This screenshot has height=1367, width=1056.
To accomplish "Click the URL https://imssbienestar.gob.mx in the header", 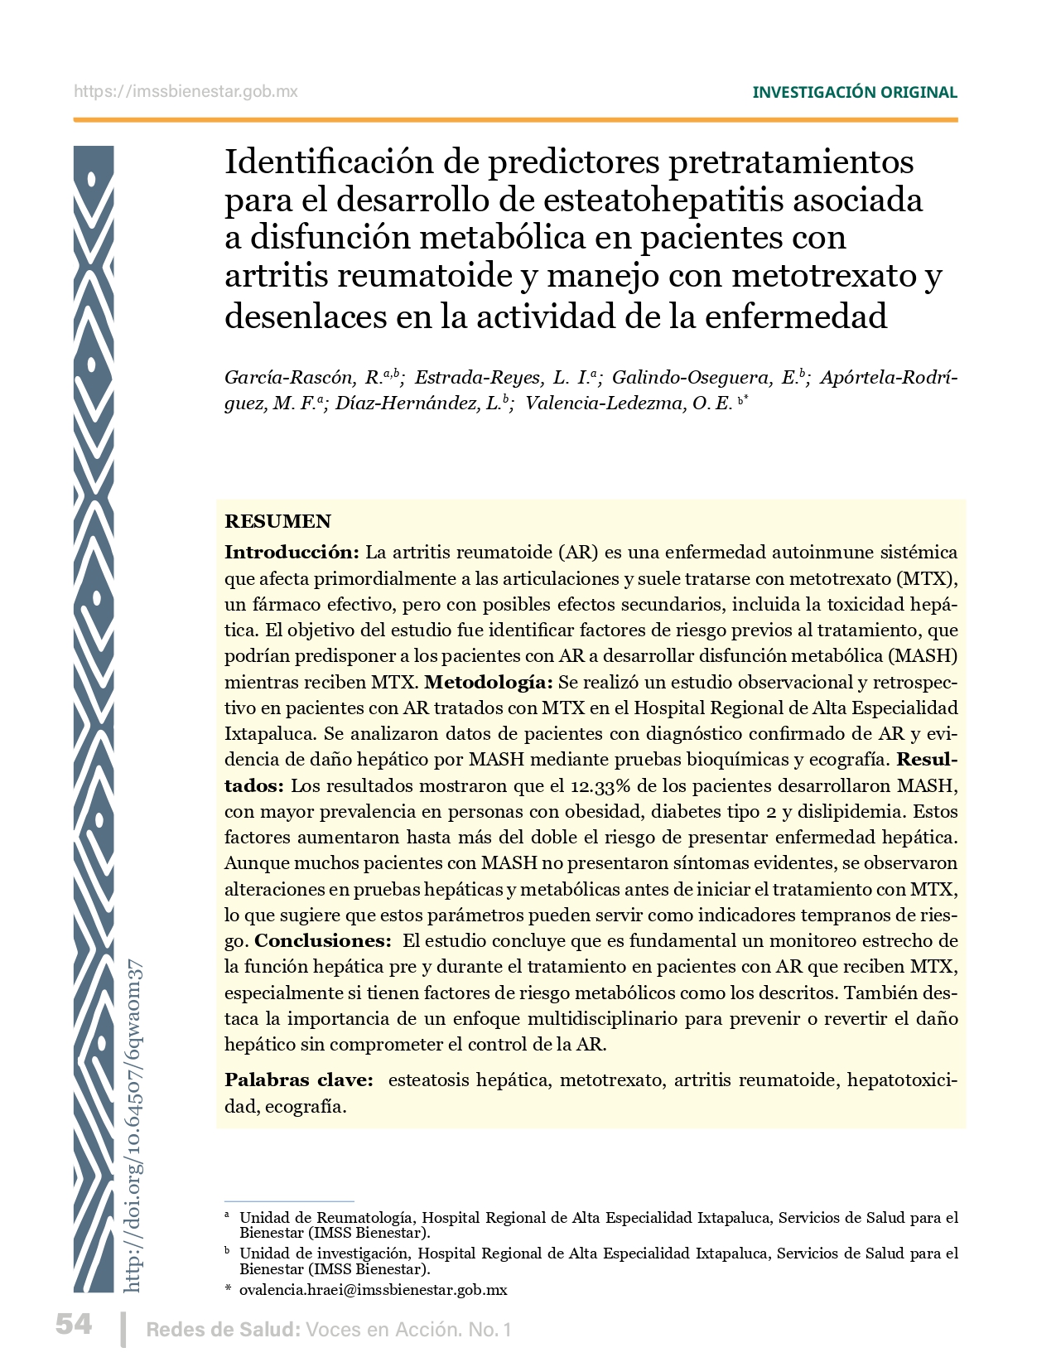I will click(186, 92).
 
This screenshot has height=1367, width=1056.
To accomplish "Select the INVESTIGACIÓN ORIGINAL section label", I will click(854, 92).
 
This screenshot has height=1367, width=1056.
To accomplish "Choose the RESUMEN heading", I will click(277, 521).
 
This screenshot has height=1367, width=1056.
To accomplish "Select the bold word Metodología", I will click(488, 683).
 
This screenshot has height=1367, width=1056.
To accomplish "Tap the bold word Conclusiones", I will click(322, 941).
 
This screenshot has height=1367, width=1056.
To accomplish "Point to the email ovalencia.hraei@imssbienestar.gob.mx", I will click(373, 1290).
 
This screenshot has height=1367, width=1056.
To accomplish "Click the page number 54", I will click(74, 1325).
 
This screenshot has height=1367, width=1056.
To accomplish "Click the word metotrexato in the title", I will click(823, 276).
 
